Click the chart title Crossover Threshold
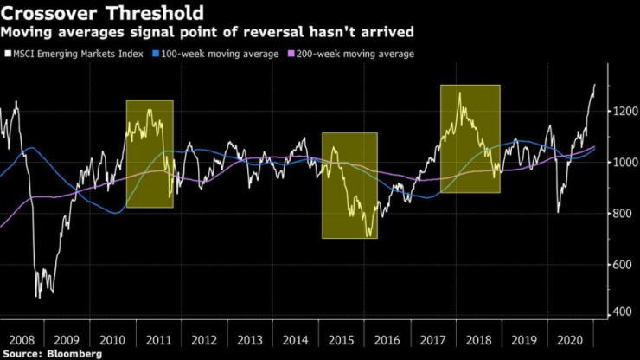pos(103,14)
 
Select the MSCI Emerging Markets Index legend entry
pos(76,54)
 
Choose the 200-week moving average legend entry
pos(351,54)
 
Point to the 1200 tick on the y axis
pos(618,112)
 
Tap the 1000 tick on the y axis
pos(618,163)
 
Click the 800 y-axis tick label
pos(617,214)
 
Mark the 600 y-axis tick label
pos(617,265)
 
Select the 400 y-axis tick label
pos(617,312)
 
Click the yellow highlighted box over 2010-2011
pos(150,154)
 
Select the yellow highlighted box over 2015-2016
pos(349,185)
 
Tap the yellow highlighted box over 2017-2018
pos(470,138)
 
